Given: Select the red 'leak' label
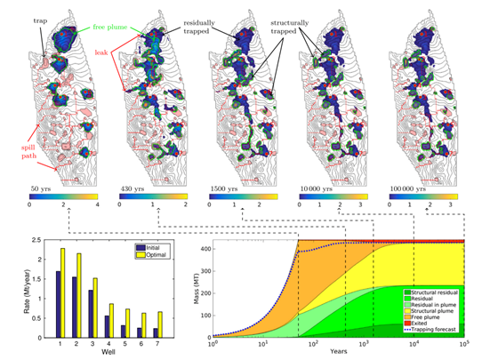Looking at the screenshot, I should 104,54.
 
